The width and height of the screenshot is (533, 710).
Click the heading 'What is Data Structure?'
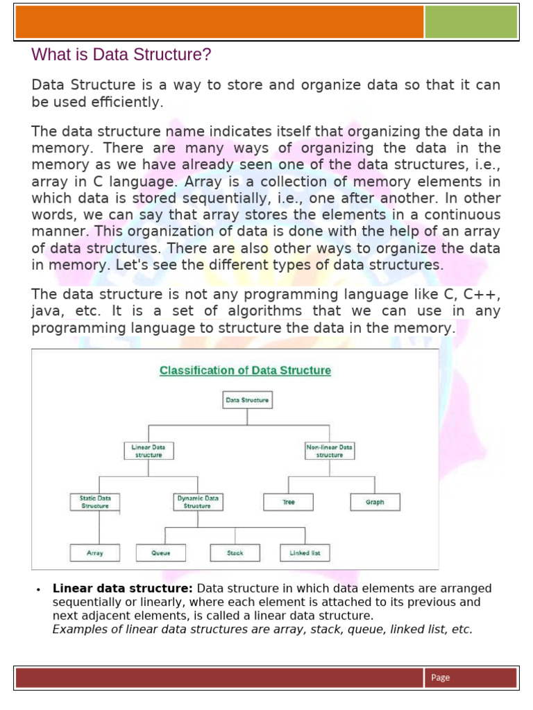pos(121,55)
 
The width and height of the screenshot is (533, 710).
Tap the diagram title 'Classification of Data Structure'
pos(245,370)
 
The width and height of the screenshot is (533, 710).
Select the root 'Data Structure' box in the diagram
pos(246,399)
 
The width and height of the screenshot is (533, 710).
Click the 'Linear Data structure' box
pos(149,451)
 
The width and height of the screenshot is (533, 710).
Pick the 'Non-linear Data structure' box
pos(330,451)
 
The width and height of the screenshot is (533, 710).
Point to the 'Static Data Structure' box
pos(95,502)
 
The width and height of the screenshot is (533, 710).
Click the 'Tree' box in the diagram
pos(289,502)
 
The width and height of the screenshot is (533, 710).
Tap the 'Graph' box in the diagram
pos(375,502)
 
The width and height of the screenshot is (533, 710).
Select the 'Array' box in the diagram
pos(95,553)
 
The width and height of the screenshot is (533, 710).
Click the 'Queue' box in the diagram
pos(160,553)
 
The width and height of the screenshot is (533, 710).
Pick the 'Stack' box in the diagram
pos(235,553)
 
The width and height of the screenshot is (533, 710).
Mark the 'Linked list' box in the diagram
pos(305,553)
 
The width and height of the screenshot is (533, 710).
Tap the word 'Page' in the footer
pos(440,677)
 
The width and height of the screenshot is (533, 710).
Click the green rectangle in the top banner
pos(471,23)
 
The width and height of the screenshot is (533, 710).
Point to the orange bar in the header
pos(219,23)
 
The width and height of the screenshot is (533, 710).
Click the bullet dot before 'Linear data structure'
pos(37,589)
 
